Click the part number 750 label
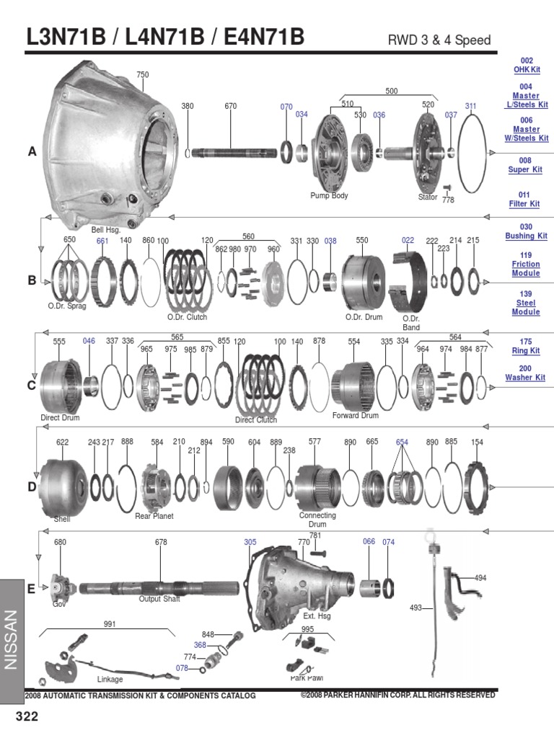coord(142,75)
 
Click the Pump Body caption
coord(330,195)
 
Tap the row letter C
coord(31,386)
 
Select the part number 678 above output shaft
coord(161,542)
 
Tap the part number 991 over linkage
coord(109,624)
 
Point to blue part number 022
coord(408,240)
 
